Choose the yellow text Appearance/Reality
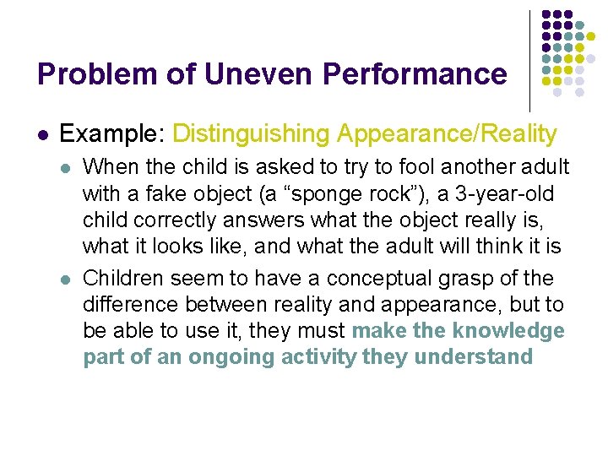[x=447, y=134]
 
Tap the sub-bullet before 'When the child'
[x=67, y=168]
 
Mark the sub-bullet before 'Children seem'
[x=67, y=279]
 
